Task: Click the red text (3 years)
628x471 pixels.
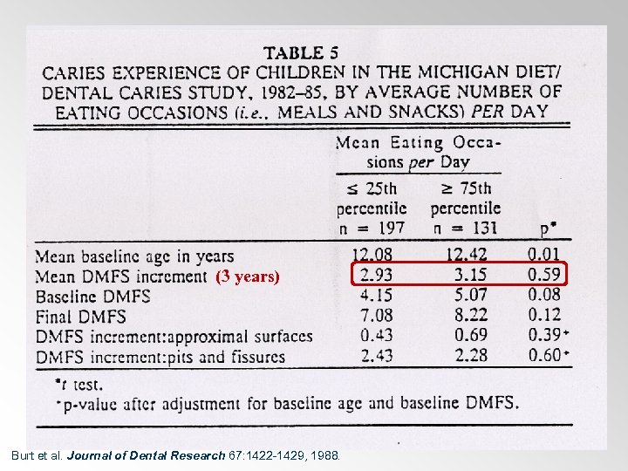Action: point(248,277)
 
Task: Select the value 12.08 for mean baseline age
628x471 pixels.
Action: point(371,256)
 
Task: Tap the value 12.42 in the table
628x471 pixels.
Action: point(465,256)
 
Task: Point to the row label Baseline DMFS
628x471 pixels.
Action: point(93,297)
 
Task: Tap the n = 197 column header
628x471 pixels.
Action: point(372,229)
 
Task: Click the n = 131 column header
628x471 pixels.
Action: point(465,229)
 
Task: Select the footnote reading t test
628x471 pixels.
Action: point(80,384)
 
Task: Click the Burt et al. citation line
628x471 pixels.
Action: point(174,455)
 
